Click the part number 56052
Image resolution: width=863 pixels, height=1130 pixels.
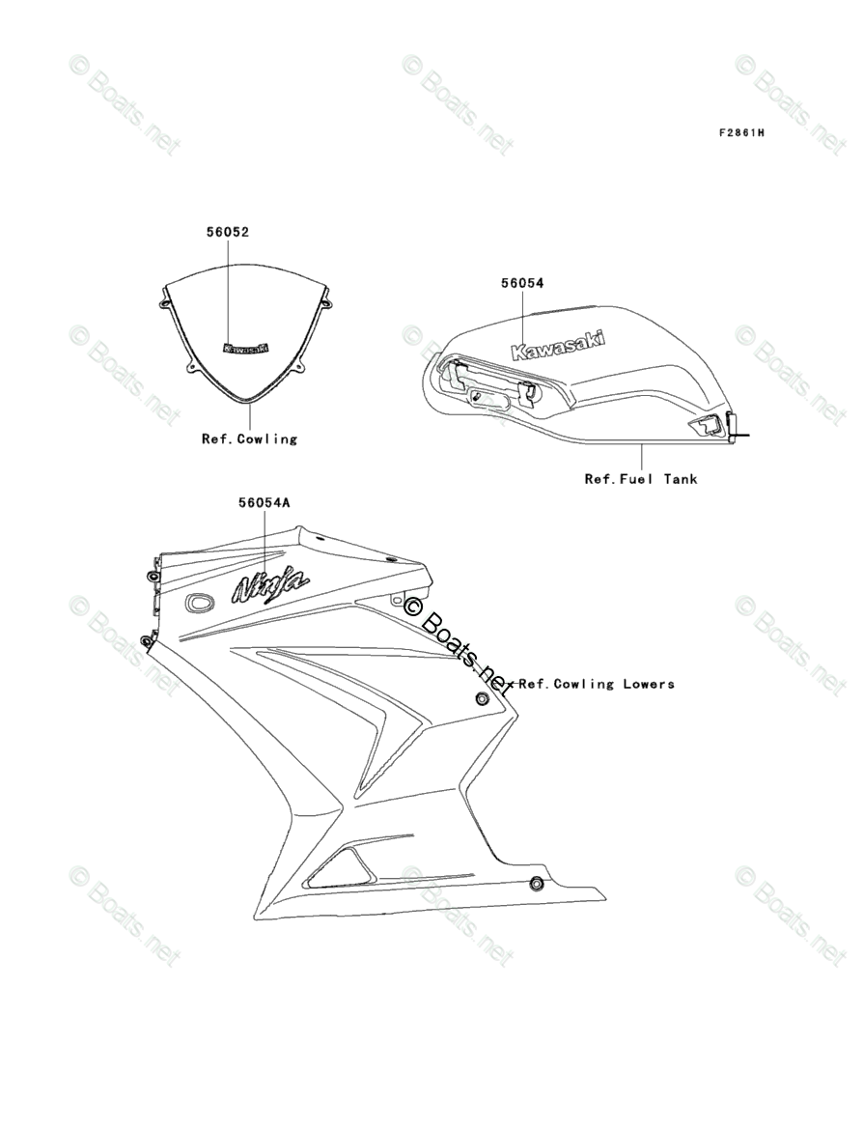(227, 232)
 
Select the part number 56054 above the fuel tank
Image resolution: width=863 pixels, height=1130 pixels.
(521, 283)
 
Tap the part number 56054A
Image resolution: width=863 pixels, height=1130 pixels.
(264, 502)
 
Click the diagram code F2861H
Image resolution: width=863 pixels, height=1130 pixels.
(740, 132)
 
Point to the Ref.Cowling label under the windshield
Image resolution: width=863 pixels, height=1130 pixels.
(249, 438)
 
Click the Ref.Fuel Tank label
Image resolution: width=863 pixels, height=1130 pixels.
(640, 478)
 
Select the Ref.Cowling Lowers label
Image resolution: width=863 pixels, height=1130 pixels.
(597, 684)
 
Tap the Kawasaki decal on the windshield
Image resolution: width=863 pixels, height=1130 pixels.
(246, 349)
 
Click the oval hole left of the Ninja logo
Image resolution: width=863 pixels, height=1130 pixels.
(201, 602)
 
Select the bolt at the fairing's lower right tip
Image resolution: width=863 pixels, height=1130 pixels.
(536, 884)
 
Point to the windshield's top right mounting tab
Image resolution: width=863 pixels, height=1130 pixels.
(326, 302)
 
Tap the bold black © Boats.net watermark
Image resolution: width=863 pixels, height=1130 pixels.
(459, 645)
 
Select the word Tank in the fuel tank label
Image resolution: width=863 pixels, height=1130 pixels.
(680, 478)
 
